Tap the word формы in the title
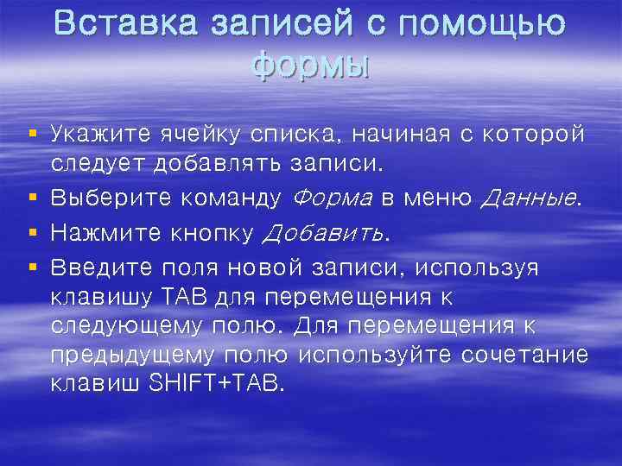tap(310, 64)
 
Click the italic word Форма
tap(333, 198)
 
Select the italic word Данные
tap(530, 198)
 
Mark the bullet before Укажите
tap(32, 134)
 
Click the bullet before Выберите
tap(32, 198)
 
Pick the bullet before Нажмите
tap(32, 232)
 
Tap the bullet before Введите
tap(32, 267)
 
